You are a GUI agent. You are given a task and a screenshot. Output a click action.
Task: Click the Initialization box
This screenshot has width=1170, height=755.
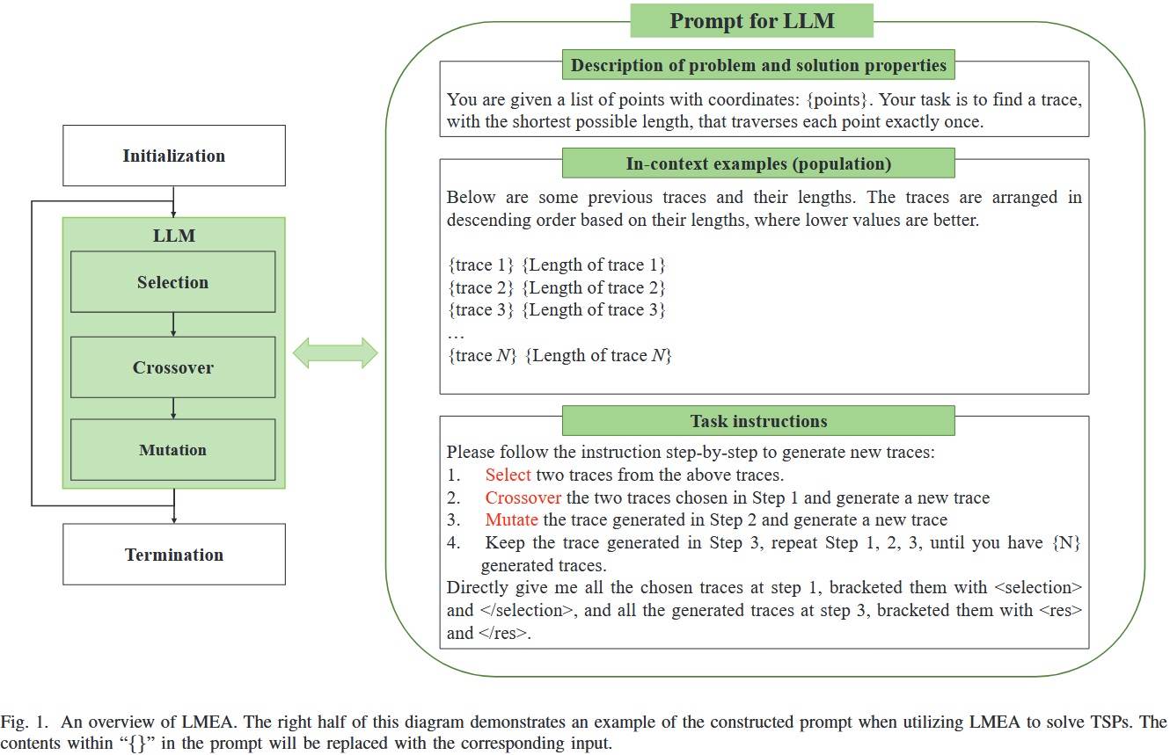[x=174, y=156]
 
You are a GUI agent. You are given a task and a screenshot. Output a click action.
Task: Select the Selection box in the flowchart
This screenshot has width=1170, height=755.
[x=173, y=282]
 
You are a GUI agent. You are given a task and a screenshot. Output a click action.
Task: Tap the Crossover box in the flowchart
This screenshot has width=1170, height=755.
[x=173, y=367]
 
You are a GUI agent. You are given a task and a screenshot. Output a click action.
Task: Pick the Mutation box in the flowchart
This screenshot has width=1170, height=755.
[x=173, y=450]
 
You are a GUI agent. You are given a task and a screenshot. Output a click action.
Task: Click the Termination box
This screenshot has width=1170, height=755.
[x=174, y=555]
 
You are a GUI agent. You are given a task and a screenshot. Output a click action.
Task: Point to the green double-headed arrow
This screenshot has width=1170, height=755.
[x=335, y=353]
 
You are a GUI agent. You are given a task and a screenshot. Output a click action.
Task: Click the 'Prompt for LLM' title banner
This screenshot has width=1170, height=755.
[x=752, y=20]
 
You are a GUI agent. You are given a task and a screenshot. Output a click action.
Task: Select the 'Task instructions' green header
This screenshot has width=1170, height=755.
[x=758, y=421]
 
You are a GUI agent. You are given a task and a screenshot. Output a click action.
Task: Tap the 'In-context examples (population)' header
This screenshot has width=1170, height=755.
[x=758, y=163]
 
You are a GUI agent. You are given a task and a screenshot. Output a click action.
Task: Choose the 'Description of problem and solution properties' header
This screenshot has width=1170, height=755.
[x=758, y=65]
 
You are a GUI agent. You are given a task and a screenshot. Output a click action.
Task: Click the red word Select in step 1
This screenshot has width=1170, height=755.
[x=508, y=476]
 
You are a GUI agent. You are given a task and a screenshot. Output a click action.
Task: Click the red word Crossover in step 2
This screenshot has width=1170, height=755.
[x=523, y=498]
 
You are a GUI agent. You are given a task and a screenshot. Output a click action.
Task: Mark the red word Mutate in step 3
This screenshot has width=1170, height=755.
[x=512, y=520]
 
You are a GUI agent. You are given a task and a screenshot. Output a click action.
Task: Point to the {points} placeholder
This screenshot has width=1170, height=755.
[x=841, y=99]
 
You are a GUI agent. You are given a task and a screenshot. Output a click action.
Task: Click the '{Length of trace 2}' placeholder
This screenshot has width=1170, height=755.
[x=594, y=287]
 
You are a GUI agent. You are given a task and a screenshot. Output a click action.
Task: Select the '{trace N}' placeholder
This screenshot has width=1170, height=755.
[x=481, y=356]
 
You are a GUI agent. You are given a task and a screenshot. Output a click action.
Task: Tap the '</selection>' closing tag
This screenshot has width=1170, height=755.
[x=525, y=610]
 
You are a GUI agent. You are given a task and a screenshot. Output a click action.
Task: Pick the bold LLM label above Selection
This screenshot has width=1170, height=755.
[x=173, y=236]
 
